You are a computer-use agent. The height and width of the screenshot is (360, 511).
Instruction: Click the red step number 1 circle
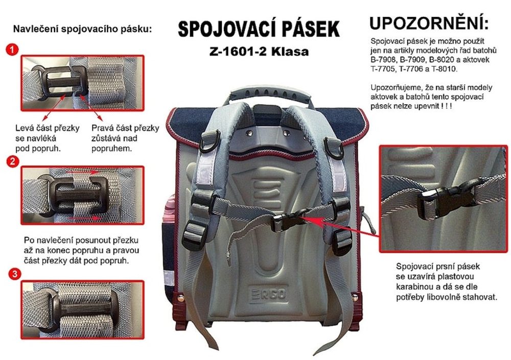(x=12, y=50)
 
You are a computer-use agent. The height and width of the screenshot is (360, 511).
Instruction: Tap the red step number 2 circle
(x=13, y=161)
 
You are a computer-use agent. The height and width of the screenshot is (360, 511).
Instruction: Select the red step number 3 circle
(x=14, y=274)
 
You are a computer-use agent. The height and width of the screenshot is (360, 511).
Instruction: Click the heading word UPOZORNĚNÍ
(x=429, y=23)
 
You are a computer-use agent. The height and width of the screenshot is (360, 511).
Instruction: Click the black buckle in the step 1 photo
(x=62, y=82)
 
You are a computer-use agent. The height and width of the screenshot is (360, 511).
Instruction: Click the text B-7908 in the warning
(x=383, y=60)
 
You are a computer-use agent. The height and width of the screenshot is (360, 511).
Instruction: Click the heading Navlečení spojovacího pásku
(x=82, y=29)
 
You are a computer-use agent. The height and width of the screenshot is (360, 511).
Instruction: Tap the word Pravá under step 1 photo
(x=102, y=128)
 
